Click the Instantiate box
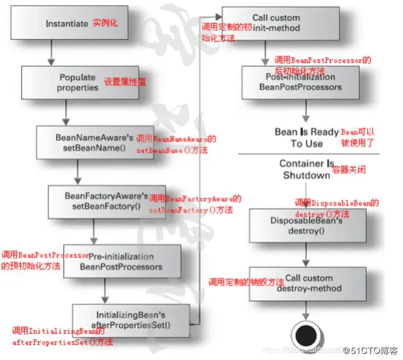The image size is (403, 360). (x=84, y=24)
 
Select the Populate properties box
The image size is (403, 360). (x=78, y=83)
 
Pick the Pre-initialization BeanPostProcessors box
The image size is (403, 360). (x=121, y=261)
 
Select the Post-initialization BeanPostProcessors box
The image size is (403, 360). (x=299, y=82)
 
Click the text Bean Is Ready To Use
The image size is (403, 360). (x=306, y=138)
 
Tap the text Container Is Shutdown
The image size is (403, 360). (x=306, y=169)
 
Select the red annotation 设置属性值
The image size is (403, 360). (x=124, y=82)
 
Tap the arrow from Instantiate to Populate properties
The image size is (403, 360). (x=52, y=53)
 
